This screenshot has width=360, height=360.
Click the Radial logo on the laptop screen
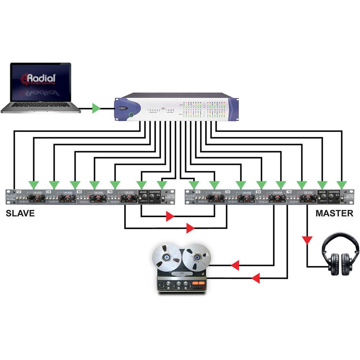pos(39,79)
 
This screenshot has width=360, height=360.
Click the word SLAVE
pos(20,213)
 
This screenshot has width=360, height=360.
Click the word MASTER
pos(334,213)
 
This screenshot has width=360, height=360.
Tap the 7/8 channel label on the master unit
pos(289,192)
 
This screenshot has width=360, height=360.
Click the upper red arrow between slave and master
pos(170,217)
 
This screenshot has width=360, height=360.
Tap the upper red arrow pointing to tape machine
pos(235,266)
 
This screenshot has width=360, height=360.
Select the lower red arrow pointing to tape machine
pos(256,278)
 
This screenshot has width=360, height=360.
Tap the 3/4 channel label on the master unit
pos(228,192)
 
